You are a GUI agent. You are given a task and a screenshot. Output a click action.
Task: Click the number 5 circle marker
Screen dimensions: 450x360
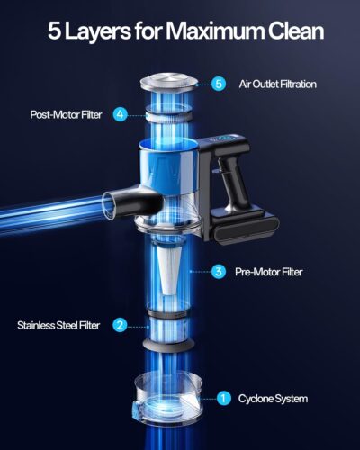click(219, 84)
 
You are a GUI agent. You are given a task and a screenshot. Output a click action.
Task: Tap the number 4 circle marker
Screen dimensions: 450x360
click(120, 114)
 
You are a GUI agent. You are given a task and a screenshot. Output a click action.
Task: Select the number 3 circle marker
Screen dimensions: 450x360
click(219, 270)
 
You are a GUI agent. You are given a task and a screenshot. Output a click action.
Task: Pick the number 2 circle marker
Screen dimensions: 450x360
click(120, 325)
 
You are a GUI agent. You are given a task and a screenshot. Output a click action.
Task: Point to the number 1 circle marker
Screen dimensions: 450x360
click(224, 397)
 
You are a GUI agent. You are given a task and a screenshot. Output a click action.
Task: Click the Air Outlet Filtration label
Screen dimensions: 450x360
click(277, 84)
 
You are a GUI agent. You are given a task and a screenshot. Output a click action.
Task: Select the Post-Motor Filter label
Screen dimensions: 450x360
click(67, 114)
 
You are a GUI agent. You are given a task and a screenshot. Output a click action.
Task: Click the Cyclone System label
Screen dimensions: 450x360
click(272, 397)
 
